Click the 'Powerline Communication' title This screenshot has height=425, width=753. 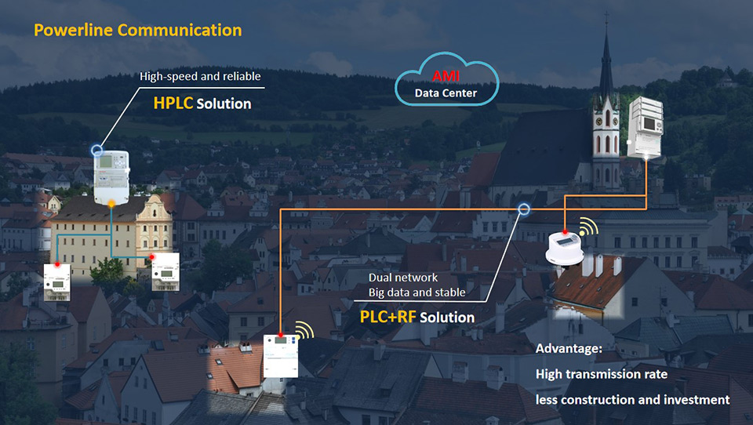point(137,31)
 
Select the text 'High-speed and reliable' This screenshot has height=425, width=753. point(200,77)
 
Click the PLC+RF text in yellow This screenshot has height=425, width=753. point(387,318)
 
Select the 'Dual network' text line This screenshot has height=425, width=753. point(403,278)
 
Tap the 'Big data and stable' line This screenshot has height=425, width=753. point(417,293)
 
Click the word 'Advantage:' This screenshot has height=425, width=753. point(566,347)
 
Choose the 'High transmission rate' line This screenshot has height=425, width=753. point(602,374)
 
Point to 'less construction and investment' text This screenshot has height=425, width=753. point(632,400)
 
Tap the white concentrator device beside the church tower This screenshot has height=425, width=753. point(646,126)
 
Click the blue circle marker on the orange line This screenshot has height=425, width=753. point(524,209)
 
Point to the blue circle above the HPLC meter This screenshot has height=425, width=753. point(97,148)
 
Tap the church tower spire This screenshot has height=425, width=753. point(606,63)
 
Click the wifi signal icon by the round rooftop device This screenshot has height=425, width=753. point(587,229)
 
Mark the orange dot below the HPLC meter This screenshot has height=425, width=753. point(111,204)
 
